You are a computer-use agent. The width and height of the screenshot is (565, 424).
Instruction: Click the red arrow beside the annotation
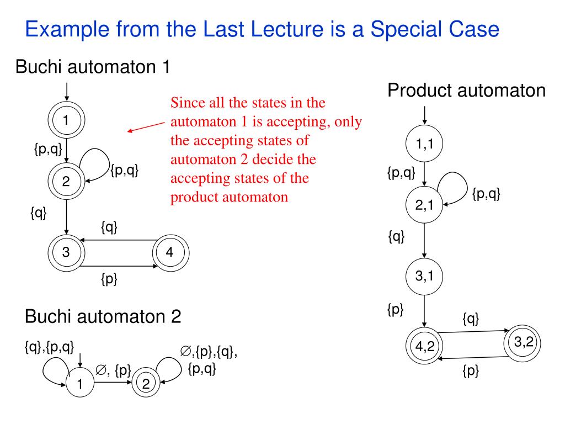pos(146,127)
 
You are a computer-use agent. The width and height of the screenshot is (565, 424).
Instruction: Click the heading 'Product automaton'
pos(466,90)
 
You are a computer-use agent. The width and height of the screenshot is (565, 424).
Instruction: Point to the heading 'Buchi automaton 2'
pos(103,317)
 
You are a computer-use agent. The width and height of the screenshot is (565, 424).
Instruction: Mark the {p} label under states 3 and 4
pos(109,279)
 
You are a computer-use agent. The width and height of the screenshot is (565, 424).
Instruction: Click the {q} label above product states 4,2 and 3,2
pos(470,319)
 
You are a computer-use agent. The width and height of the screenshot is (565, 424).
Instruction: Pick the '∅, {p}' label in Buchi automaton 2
pos(113,370)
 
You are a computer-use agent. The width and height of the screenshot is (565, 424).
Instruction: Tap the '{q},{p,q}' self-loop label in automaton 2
pos(49,347)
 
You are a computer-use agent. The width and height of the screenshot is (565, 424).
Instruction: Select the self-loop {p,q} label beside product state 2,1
pos(486,194)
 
